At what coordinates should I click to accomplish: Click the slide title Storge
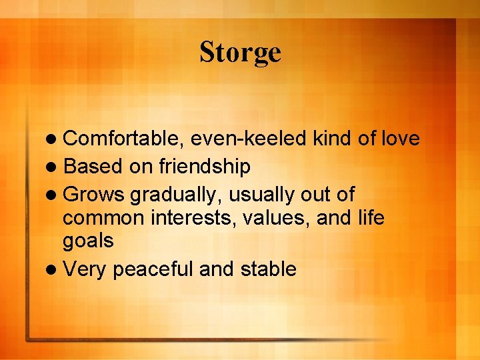tap(240, 53)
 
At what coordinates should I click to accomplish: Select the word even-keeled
tap(249, 139)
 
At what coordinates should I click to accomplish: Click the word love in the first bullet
tap(401, 139)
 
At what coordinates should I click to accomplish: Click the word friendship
tap(204, 167)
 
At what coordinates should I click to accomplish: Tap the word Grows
tap(94, 195)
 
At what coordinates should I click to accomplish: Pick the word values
tap(269, 219)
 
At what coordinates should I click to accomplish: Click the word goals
tap(89, 241)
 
